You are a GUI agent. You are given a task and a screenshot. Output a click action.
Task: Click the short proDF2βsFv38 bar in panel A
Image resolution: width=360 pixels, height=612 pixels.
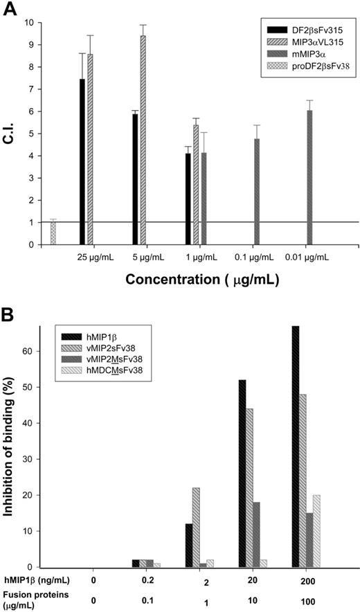[x=52, y=233]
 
